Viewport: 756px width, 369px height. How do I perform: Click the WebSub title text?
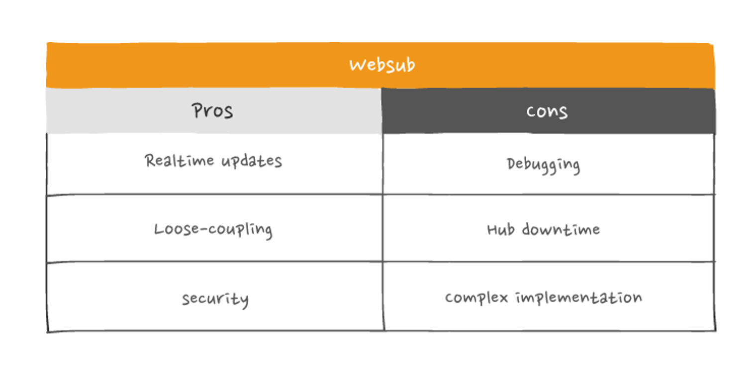[x=382, y=65]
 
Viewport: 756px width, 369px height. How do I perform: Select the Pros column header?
[x=213, y=111]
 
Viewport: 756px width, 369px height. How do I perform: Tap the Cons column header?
[x=547, y=111]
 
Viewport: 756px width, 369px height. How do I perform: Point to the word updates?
[x=252, y=161]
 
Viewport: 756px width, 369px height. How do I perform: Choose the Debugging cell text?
[x=543, y=166]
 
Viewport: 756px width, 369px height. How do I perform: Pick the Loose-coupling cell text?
[x=213, y=230]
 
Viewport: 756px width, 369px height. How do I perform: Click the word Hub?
[x=501, y=230]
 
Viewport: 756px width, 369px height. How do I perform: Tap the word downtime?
[x=561, y=229]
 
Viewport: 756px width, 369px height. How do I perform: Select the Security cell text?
[x=215, y=299]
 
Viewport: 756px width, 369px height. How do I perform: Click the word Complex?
[x=476, y=298]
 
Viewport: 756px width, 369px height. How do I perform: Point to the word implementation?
[x=579, y=297]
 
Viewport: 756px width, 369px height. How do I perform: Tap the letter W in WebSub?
[x=357, y=65]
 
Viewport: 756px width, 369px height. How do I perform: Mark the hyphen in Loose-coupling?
[x=203, y=230]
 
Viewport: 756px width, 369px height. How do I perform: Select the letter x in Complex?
[x=503, y=298]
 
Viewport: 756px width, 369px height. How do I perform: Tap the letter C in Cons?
[x=531, y=112]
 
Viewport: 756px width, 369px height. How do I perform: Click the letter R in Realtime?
[x=150, y=160]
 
